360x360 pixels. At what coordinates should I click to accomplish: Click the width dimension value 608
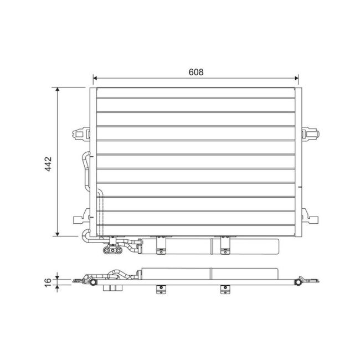(x=196, y=72)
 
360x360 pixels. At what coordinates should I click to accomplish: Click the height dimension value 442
(x=48, y=164)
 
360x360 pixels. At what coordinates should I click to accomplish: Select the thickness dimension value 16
(x=48, y=282)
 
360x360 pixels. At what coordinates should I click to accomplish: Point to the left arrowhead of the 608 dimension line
(x=95, y=78)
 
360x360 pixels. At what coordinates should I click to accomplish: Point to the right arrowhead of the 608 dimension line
(x=296, y=78)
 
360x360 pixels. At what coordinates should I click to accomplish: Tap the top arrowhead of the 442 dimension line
(x=58, y=90)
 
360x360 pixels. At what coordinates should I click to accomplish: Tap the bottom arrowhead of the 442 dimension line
(x=58, y=234)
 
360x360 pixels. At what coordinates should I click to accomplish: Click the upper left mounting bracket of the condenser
(x=81, y=133)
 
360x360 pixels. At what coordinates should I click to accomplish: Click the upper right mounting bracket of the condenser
(x=310, y=133)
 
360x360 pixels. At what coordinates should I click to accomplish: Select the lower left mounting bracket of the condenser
(x=81, y=217)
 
